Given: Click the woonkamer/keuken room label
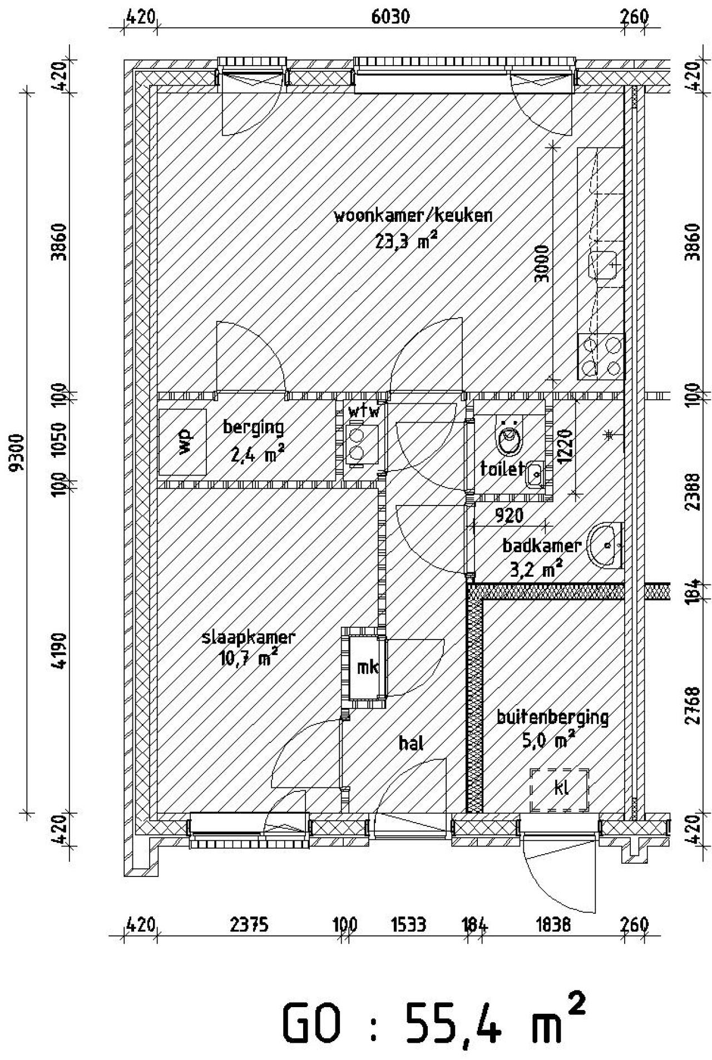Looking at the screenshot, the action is pos(413,215).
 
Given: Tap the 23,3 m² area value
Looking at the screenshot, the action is pos(406,241).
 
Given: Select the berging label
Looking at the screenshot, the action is pos(253,428).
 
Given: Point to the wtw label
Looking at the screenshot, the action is pos(364,412).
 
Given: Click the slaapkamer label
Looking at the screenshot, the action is pos(249,637).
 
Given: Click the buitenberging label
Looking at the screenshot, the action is pos(552,717).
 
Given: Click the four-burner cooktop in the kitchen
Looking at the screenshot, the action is pos(601,356).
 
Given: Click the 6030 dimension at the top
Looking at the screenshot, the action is pos(390,17).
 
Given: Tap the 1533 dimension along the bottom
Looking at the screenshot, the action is pos(409,925).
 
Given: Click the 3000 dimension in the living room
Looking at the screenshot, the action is pos(541,264).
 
